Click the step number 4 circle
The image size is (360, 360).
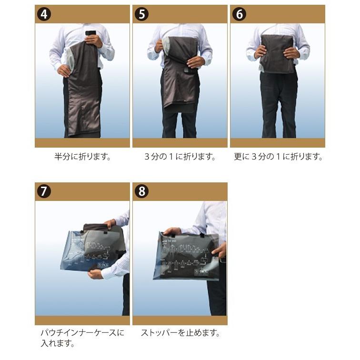tap(44, 14)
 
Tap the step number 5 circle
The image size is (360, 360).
tap(141, 14)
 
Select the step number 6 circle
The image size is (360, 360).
tap(239, 14)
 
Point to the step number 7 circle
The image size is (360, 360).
tap(44, 191)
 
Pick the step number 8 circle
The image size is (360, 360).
tap(141, 191)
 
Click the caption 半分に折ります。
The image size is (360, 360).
tap(83, 157)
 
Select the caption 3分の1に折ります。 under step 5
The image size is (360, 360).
tap(180, 157)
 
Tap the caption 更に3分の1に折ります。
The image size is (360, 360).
tap(278, 157)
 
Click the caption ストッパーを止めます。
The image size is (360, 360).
tap(180, 333)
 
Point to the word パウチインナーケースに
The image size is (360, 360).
tap(83, 333)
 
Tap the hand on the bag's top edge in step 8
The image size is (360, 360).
tap(173, 231)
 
